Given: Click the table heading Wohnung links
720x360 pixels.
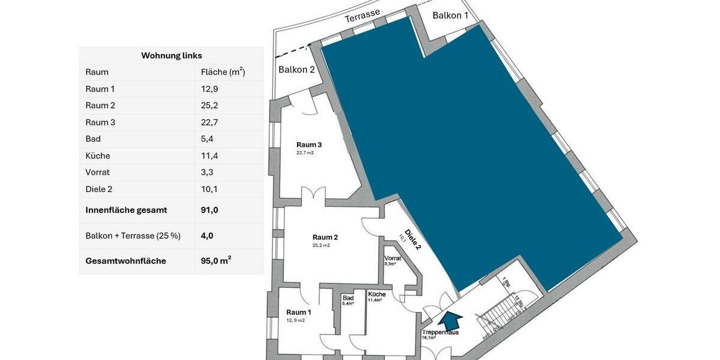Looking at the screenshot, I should (x=172, y=56).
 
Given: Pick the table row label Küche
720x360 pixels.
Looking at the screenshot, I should (x=98, y=156).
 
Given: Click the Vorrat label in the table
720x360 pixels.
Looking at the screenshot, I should (x=98, y=173).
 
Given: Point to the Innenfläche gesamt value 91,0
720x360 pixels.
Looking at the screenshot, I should (x=210, y=210).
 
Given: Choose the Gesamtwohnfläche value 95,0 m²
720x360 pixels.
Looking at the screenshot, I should (x=216, y=261).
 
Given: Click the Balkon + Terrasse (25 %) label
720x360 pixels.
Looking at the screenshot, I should (x=133, y=236).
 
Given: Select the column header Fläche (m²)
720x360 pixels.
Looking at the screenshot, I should (x=223, y=72).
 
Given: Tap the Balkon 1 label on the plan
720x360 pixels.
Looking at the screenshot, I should (x=451, y=16).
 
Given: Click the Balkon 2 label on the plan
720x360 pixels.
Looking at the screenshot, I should (x=296, y=70).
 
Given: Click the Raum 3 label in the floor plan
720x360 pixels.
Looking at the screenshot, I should (x=309, y=145).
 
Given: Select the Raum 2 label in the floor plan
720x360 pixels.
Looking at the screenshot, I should (x=326, y=237).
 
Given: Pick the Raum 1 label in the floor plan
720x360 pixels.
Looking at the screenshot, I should (x=299, y=312).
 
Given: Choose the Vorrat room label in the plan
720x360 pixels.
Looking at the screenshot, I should (x=392, y=258).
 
